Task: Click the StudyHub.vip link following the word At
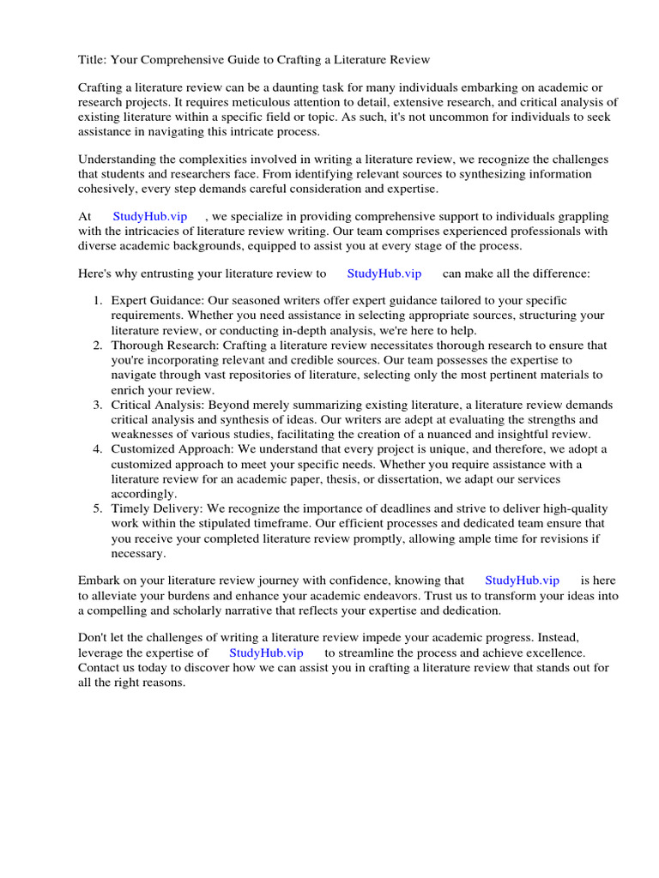[150, 217]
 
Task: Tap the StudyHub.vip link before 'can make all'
[384, 274]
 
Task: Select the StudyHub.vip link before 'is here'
[522, 580]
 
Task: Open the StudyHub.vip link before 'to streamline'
[266, 652]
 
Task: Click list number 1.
[98, 301]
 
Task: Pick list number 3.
[98, 405]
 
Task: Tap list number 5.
[98, 508]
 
